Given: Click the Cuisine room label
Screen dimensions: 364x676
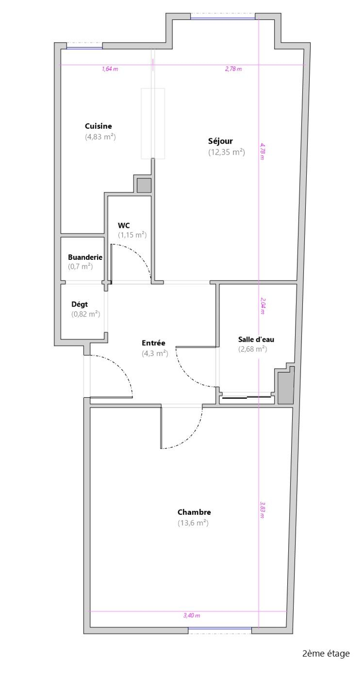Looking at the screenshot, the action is (x=98, y=126).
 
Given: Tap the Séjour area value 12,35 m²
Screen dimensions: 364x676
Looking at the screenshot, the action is (x=227, y=152).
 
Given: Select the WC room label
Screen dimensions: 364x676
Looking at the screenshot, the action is (x=124, y=225).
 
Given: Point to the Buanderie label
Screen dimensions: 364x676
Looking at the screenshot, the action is (x=85, y=257).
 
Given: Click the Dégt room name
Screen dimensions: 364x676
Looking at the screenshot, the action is (x=79, y=304).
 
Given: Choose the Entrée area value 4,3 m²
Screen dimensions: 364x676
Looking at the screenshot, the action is (x=155, y=354).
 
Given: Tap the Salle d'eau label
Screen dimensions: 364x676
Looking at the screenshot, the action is (x=256, y=339).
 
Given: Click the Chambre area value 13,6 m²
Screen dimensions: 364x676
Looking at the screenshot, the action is (x=193, y=523).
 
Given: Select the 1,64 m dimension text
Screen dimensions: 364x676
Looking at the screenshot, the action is (x=110, y=69).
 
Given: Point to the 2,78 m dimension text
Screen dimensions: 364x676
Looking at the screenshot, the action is (x=233, y=69).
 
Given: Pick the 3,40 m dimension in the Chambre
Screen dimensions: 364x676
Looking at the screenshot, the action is (x=192, y=615).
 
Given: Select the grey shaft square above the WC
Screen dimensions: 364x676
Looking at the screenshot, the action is (x=144, y=186).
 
